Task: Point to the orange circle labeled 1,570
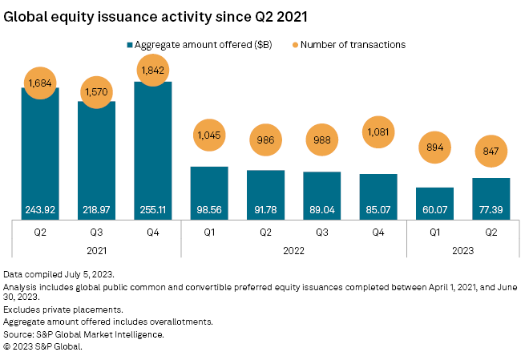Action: [96, 93]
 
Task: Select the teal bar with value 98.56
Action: [209, 192]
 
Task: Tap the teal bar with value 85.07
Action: [378, 196]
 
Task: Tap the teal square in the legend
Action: [130, 45]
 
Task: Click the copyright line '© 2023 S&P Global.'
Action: [43, 346]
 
